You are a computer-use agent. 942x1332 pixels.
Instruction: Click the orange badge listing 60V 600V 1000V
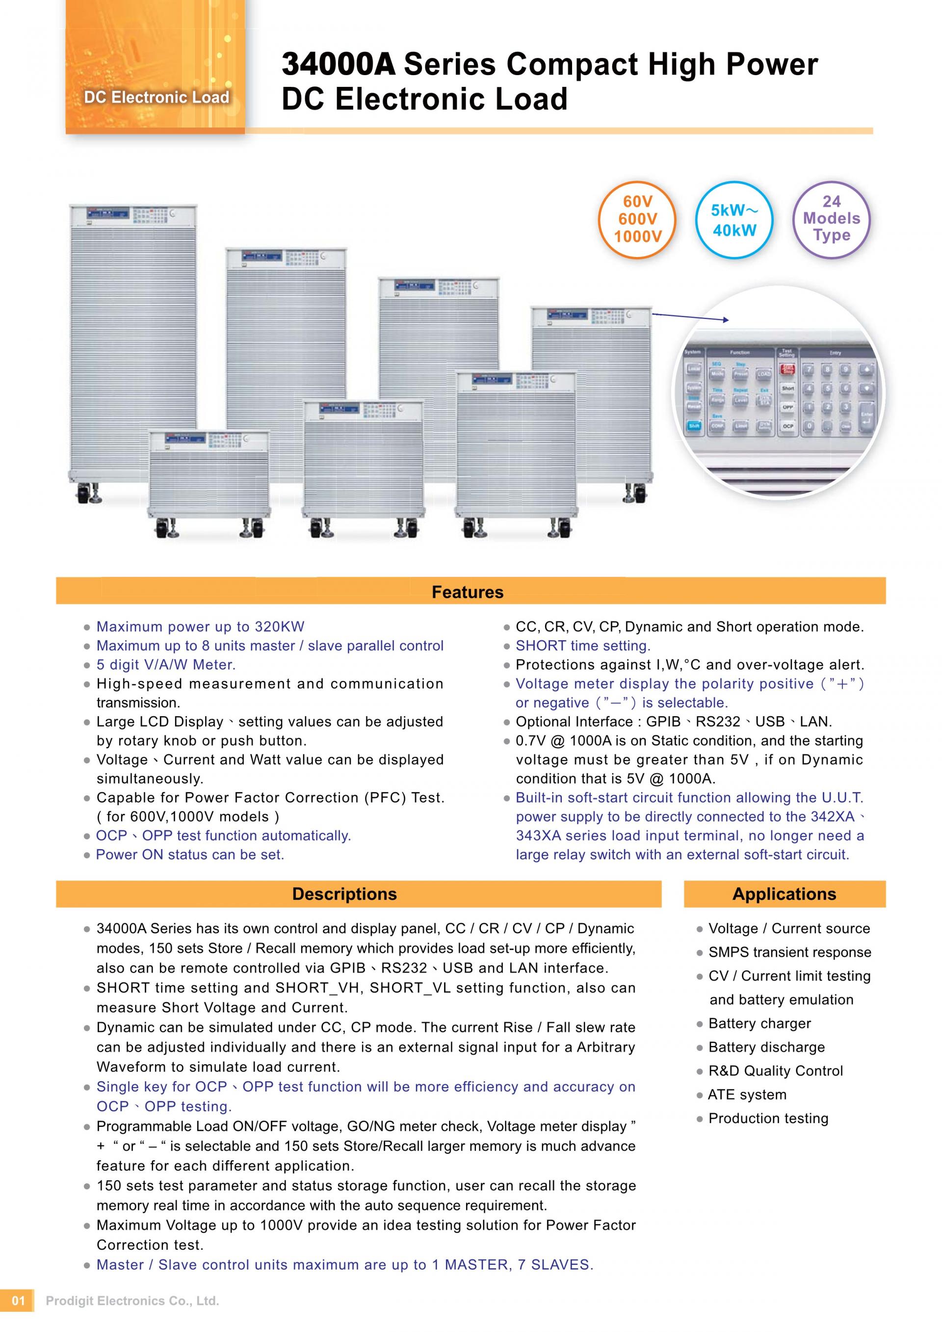[x=637, y=219]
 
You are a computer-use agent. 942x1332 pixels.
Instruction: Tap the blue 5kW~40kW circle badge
[x=734, y=220]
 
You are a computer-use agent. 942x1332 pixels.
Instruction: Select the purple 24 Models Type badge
[x=831, y=218]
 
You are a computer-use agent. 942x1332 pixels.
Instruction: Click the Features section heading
[x=468, y=592]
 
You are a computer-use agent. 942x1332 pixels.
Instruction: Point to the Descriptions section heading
[x=344, y=893]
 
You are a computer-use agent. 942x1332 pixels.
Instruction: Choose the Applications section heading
[x=784, y=893]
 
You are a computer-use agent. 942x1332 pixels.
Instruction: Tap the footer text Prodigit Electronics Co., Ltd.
[x=132, y=1317]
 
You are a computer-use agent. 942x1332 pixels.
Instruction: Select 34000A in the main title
[x=338, y=64]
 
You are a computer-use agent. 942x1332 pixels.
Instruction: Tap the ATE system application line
[x=747, y=1095]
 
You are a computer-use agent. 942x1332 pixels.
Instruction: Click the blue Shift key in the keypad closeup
[x=694, y=425]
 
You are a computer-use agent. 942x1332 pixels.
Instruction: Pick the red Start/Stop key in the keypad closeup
[x=787, y=368]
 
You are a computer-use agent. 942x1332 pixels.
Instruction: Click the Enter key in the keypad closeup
[x=866, y=417]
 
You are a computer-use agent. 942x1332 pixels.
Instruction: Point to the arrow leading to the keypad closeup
[x=690, y=316]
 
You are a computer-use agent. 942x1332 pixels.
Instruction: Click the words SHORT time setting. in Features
[x=583, y=646]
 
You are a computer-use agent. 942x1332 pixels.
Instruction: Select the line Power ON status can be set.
[x=190, y=855]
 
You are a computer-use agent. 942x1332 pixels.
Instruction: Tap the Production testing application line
[x=768, y=1119]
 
